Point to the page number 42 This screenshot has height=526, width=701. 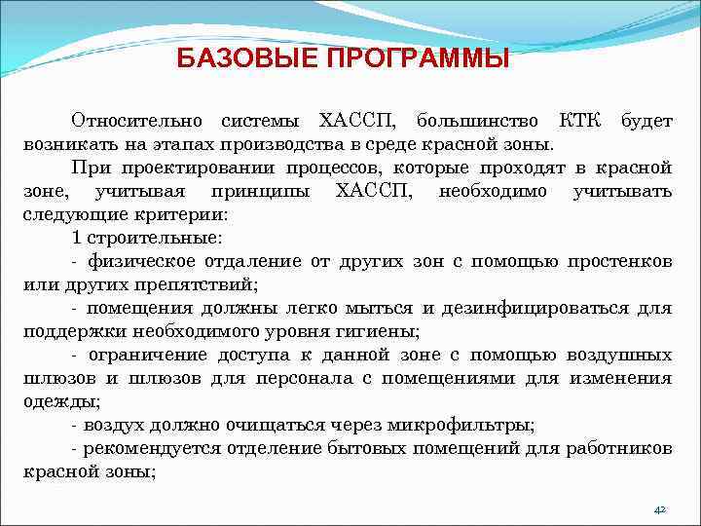pyautogui.click(x=659, y=509)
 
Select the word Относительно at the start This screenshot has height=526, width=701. pyautogui.click(x=136, y=121)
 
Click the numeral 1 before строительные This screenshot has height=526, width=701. pyautogui.click(x=77, y=238)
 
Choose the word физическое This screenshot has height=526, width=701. pyautogui.click(x=141, y=261)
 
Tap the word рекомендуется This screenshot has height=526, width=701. pyautogui.click(x=154, y=448)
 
